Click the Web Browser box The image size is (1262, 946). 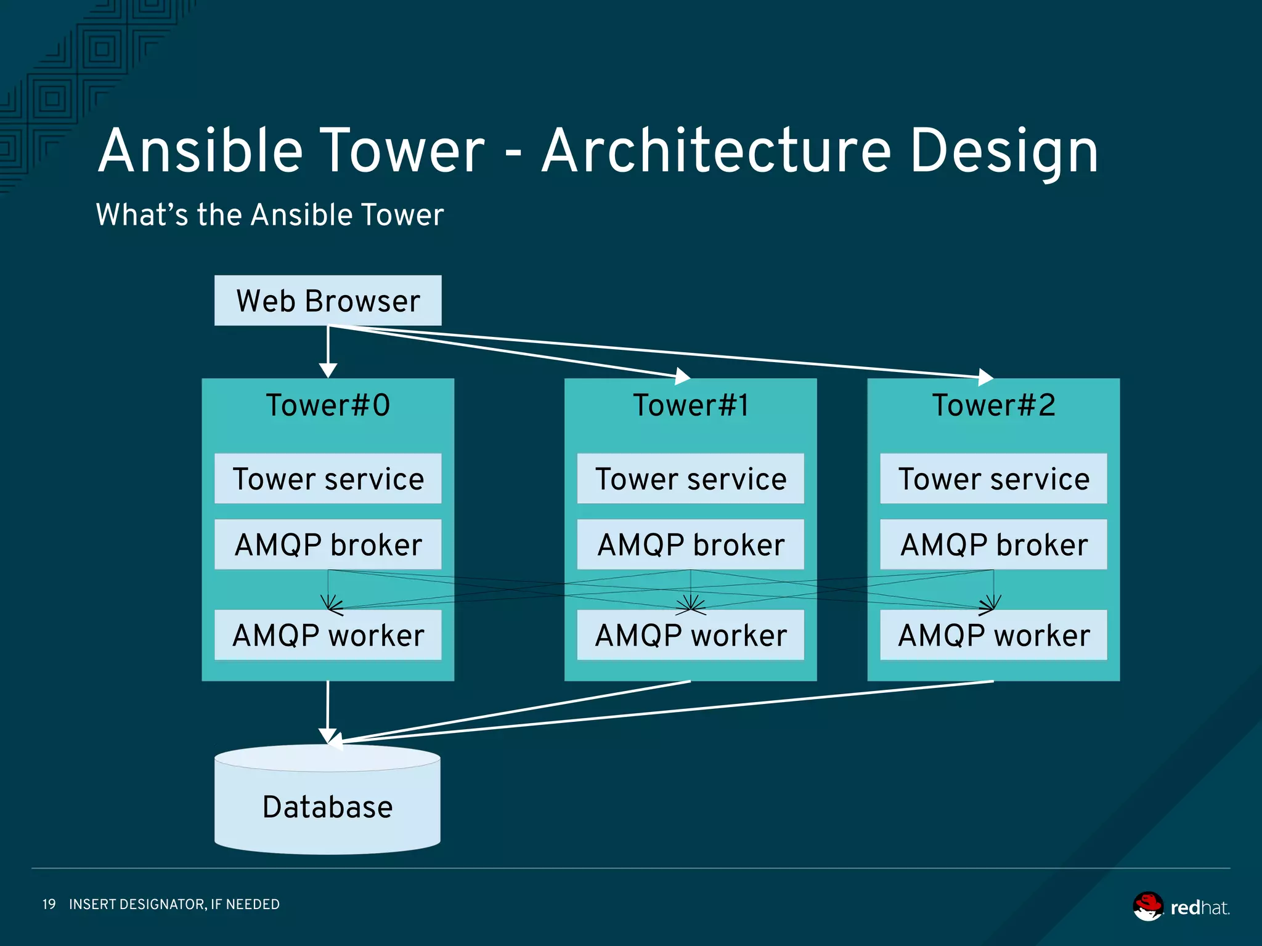[328, 301]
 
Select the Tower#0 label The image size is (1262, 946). [328, 405]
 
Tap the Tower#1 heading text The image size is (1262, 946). [691, 405]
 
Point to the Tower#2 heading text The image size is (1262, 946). [993, 405]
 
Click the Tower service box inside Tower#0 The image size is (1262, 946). [328, 479]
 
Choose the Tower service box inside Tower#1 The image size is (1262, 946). [691, 479]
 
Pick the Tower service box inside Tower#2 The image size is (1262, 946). [993, 479]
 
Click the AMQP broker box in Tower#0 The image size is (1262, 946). [328, 544]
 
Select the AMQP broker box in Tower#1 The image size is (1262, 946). [691, 544]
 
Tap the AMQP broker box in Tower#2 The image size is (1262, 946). [993, 544]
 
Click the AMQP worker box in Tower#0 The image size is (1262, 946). [328, 636]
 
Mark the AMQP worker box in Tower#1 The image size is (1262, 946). [691, 636]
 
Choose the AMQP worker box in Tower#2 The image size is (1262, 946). [993, 636]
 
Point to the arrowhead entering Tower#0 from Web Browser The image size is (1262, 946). [328, 370]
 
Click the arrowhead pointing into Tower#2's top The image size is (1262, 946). [985, 376]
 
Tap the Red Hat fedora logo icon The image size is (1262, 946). [1148, 906]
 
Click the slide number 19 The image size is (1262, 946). [49, 904]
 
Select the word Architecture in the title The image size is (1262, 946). [716, 152]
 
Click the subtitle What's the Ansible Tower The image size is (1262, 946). [270, 215]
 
